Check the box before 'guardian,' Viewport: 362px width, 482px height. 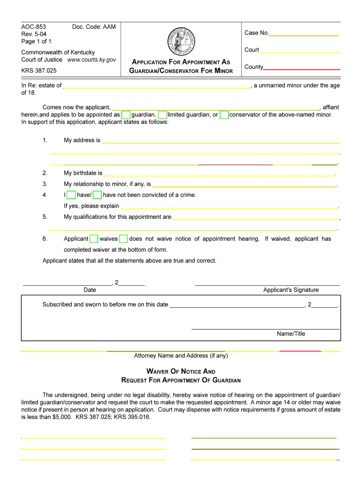pos(126,115)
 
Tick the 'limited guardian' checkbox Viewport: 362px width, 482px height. pos(162,115)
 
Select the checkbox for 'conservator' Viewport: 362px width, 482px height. pos(224,115)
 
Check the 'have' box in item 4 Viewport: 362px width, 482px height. pos(71,195)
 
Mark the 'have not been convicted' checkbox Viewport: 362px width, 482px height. pos(98,195)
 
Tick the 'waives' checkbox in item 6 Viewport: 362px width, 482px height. pos(94,239)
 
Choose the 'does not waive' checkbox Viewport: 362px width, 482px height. pos(124,239)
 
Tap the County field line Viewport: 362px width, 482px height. pos(301,68)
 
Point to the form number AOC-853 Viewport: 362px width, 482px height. pos(33,27)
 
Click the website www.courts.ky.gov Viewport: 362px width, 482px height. pos(92,60)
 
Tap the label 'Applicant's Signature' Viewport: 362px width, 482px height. pos(291,290)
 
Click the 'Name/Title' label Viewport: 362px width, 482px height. pos(291,334)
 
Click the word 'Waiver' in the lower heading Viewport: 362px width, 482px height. pos(161,371)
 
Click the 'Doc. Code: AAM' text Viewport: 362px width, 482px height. pos(94,27)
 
